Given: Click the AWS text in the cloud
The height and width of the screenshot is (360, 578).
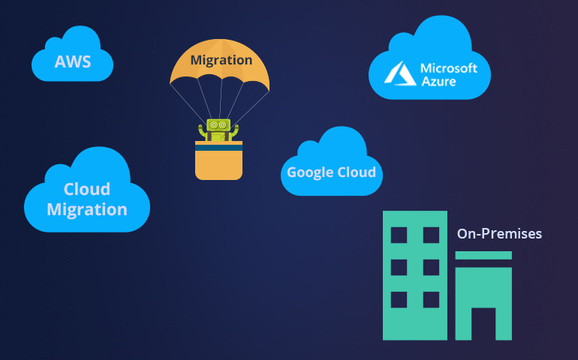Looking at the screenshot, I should pyautogui.click(x=73, y=61).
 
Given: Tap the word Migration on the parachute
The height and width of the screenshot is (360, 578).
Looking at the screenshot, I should pyautogui.click(x=221, y=60).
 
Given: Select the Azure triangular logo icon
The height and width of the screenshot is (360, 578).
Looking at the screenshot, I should pyautogui.click(x=398, y=73).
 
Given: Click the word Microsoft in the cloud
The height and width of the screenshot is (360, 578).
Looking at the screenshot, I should pyautogui.click(x=449, y=68).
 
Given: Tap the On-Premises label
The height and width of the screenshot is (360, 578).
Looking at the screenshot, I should pyautogui.click(x=499, y=234).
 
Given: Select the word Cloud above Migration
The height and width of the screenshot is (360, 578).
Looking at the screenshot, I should pyautogui.click(x=87, y=189).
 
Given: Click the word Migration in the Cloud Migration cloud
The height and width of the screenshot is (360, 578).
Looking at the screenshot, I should pyautogui.click(x=87, y=209).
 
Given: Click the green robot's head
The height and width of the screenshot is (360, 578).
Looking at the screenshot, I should pyautogui.click(x=218, y=124).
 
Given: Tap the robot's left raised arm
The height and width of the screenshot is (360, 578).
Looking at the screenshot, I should pyautogui.click(x=203, y=129).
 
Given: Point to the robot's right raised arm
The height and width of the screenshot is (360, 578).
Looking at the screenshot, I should pyautogui.click(x=235, y=129).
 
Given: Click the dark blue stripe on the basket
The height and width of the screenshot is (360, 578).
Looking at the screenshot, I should pyautogui.click(x=218, y=148).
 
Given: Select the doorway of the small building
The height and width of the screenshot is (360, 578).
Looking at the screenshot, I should pyautogui.click(x=483, y=323).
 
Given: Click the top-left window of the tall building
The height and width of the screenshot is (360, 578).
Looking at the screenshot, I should pyautogui.click(x=399, y=235).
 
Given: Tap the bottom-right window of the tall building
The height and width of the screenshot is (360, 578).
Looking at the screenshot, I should pyautogui.click(x=431, y=299).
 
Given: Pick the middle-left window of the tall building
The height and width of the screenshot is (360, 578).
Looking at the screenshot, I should pyautogui.click(x=399, y=267).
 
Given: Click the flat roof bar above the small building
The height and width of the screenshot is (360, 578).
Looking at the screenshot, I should pyautogui.click(x=483, y=256).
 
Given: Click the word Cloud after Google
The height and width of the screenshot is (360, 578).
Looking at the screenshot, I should pyautogui.click(x=355, y=172).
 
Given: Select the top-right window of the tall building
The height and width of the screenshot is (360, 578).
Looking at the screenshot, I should pyautogui.click(x=431, y=235).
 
